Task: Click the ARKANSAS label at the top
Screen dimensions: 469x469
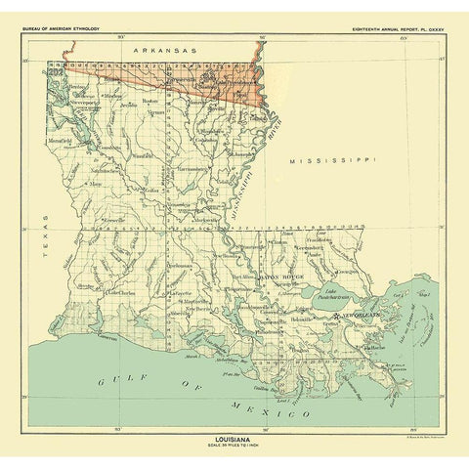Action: pos(168,47)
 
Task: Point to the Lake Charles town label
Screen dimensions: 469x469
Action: pos(120,292)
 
